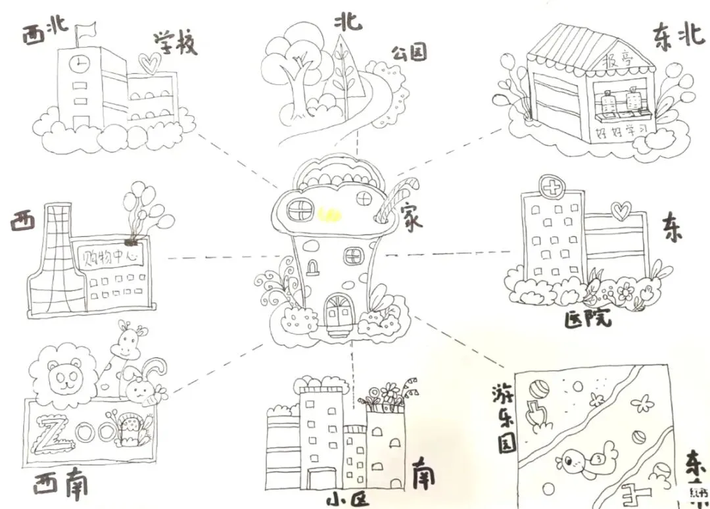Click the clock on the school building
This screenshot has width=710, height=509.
(80, 63)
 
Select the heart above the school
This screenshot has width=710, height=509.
(151, 63)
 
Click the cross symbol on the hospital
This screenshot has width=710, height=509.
(551, 187)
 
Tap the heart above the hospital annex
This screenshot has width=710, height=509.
(621, 211)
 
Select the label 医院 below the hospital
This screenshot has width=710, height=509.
(588, 319)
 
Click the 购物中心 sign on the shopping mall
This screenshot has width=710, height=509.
(110, 255)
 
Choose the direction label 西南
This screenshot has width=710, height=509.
(60, 485)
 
